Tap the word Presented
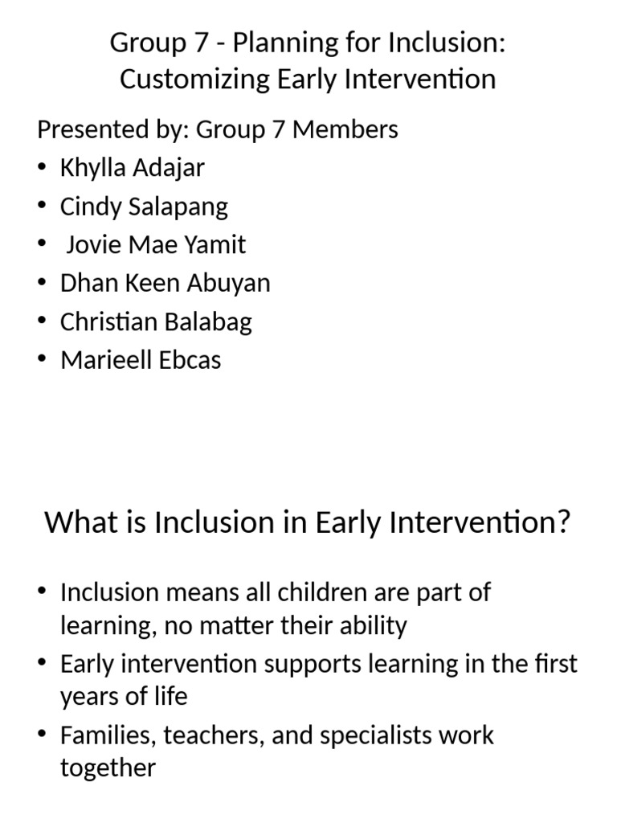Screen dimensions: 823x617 87,129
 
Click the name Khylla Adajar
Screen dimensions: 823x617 132,167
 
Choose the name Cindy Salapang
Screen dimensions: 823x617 144,207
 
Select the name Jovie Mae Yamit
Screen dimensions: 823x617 156,244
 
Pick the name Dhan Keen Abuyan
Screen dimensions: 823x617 165,283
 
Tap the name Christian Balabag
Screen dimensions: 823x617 156,321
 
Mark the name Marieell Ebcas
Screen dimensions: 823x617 140,360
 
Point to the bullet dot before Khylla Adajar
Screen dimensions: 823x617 42,168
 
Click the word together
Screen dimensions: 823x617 108,768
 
